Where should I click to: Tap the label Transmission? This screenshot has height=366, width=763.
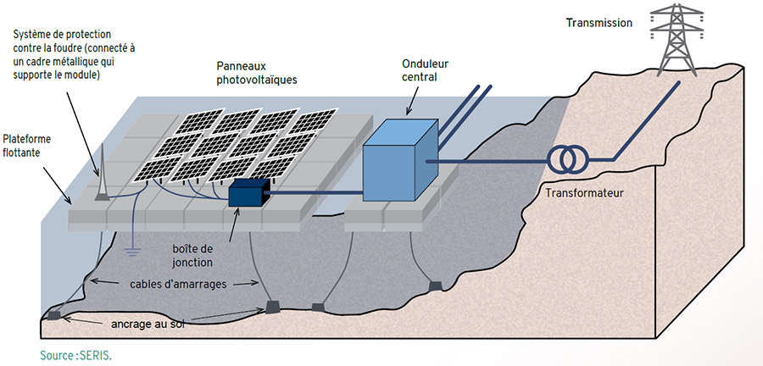tap(599, 23)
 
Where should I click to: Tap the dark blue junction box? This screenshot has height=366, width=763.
tap(248, 193)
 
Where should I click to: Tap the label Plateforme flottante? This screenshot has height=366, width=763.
tap(28, 146)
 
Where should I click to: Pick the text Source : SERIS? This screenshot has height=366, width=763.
tap(75, 355)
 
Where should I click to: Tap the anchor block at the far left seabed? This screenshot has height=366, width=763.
tap(53, 315)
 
